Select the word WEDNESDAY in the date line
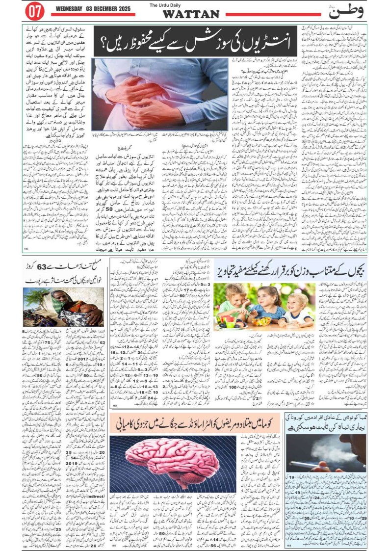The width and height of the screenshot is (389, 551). coord(72,9)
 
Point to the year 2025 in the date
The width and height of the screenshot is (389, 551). coord(124,9)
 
